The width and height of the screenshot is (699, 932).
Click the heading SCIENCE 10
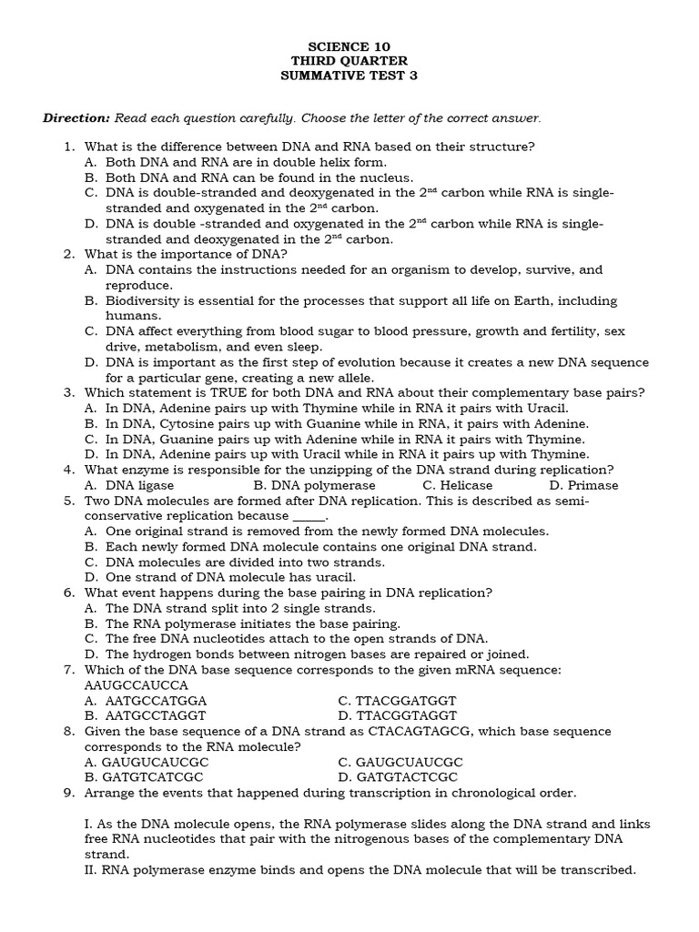[350, 46]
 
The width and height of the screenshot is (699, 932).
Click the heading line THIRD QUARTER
[350, 61]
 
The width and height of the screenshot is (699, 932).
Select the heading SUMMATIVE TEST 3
[350, 76]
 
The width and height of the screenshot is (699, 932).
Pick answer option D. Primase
[583, 485]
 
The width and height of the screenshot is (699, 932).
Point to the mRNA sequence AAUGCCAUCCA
[136, 685]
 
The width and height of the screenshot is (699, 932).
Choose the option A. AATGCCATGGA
[146, 701]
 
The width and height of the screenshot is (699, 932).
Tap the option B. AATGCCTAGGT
[145, 716]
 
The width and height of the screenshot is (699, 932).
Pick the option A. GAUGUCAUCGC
[146, 762]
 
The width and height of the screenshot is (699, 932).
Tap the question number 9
[69, 793]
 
